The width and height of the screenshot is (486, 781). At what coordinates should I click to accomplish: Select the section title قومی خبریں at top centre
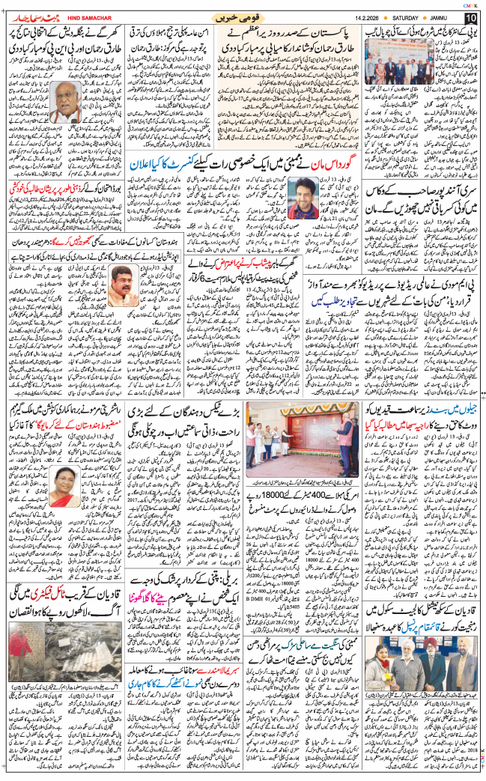point(238,16)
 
